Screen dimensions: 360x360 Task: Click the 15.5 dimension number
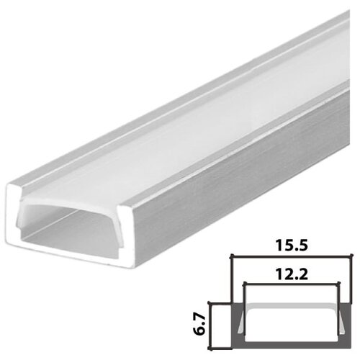pos(292,246)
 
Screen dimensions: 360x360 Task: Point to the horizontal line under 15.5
pos(292,258)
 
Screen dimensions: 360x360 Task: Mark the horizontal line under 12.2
pos(292,283)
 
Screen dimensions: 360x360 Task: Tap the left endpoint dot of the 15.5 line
pos(230,258)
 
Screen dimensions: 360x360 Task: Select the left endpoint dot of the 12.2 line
pos(243,283)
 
